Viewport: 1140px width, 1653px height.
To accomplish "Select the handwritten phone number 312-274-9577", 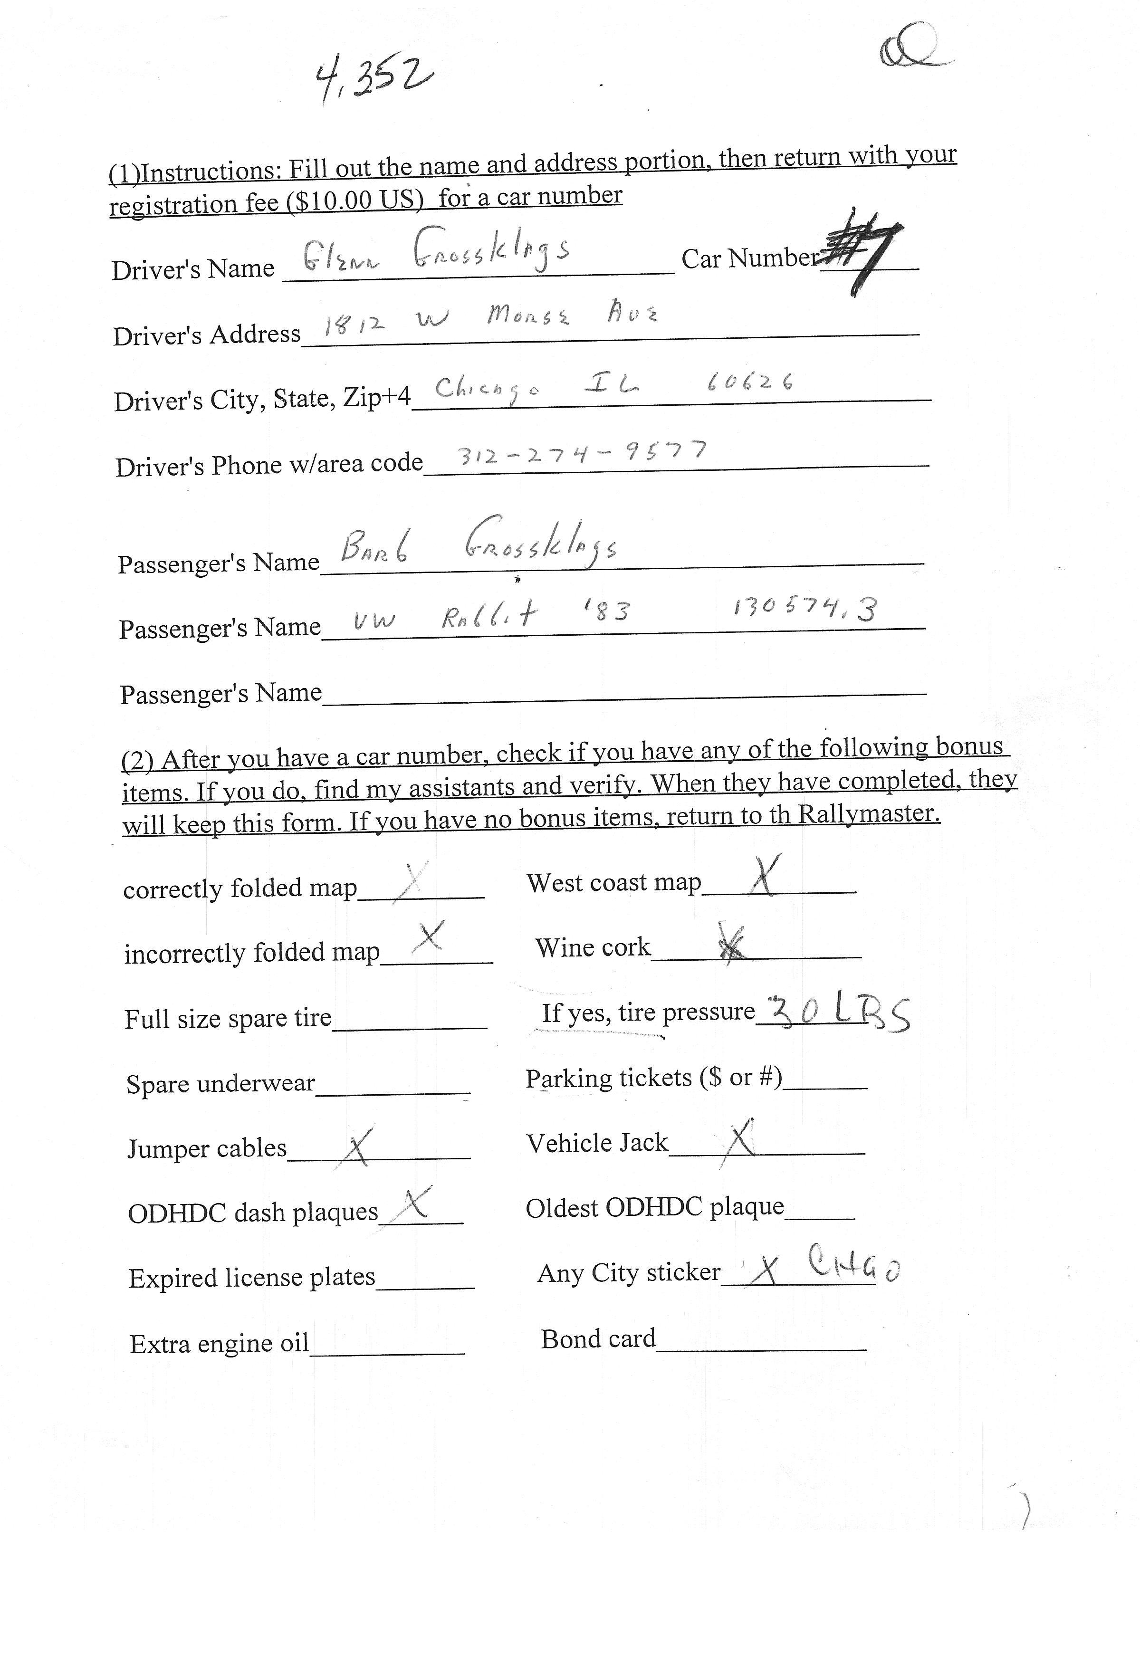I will (582, 453).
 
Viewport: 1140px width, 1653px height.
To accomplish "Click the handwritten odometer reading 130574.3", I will (805, 608).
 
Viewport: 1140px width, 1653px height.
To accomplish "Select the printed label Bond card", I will (598, 1339).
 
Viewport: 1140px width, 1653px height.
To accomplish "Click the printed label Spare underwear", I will (220, 1084).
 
